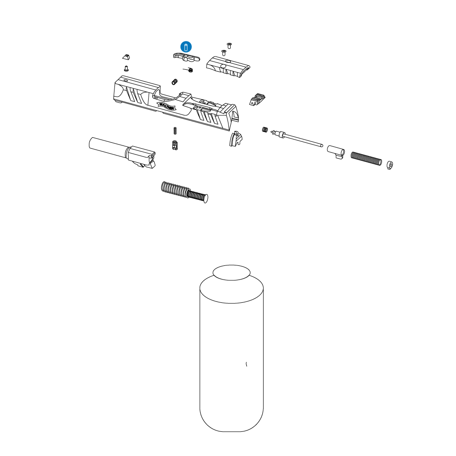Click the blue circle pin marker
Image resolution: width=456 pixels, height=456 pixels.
click(x=186, y=47)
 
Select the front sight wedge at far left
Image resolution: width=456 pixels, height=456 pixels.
click(x=126, y=57)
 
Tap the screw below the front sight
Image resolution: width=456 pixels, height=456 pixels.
click(x=126, y=68)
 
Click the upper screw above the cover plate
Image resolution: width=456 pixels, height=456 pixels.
click(x=229, y=45)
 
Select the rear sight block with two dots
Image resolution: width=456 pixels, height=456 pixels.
click(x=257, y=99)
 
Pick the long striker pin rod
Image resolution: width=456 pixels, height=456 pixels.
click(x=301, y=140)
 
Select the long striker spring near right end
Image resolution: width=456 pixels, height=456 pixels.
click(x=366, y=159)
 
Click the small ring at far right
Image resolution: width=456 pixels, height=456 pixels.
click(x=390, y=165)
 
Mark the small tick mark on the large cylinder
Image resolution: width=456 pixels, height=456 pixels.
click(x=247, y=364)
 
